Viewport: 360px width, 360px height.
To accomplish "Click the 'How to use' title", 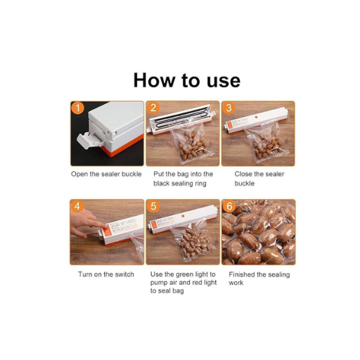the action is click(x=187, y=80).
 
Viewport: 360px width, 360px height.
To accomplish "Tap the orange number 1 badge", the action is click(x=78, y=108).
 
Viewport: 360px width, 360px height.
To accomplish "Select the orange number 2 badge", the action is click(x=153, y=108).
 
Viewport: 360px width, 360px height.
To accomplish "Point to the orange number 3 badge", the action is click(x=229, y=108).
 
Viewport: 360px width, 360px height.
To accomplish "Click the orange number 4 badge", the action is click(x=77, y=207).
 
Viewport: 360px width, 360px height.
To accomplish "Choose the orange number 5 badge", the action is click(x=153, y=207).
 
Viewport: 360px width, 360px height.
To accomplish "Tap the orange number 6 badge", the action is click(x=229, y=207).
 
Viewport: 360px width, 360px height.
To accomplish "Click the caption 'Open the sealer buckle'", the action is click(x=106, y=174).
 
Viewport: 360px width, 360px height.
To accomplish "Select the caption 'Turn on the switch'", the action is click(x=106, y=274).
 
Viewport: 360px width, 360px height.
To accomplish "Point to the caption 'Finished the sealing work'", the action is click(x=259, y=278).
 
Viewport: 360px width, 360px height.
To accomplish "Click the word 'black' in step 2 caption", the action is click(x=162, y=184).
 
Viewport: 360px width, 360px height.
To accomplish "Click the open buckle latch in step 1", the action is click(x=86, y=141).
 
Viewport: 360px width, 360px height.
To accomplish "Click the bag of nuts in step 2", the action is click(x=191, y=143).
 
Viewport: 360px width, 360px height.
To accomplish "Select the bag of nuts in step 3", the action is click(x=266, y=143).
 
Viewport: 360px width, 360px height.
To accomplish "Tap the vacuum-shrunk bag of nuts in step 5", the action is click(x=192, y=241).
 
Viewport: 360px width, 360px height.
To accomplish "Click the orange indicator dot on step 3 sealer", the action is click(x=256, y=117).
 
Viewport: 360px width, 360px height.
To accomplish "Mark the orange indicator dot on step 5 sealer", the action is click(x=183, y=216).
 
